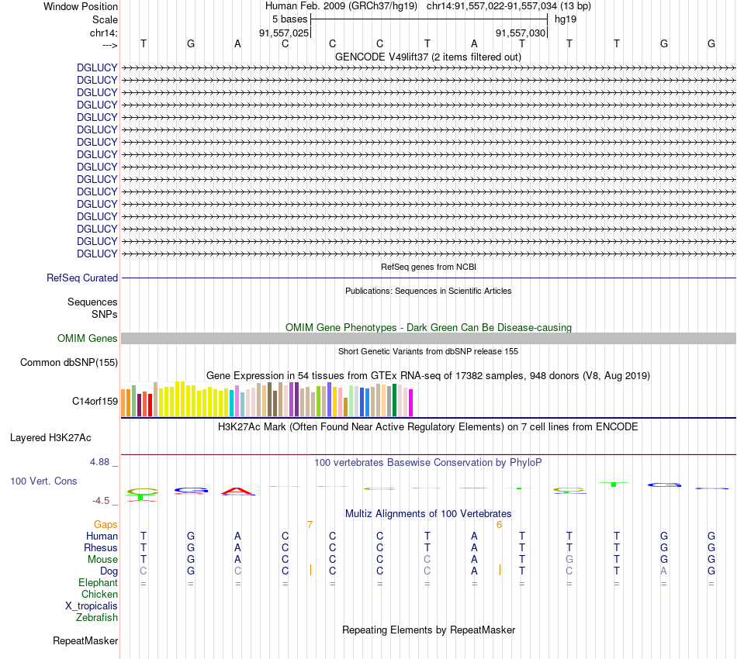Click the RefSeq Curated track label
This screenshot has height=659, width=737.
pos(82,278)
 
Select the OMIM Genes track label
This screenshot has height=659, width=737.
pos(88,338)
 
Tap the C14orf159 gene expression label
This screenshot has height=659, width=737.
pos(95,401)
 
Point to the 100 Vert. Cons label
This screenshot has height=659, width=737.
pos(43,481)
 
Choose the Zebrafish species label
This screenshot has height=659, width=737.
pos(97,617)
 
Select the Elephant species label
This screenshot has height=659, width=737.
pos(98,582)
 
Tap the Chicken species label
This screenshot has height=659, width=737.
pos(99,594)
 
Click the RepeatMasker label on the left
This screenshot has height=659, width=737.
pos(85,640)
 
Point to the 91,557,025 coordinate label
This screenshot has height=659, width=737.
pos(284,33)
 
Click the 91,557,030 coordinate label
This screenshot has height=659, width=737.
pos(521,33)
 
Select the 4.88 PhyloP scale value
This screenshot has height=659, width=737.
pos(103,462)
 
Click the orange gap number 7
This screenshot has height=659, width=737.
pos(310,525)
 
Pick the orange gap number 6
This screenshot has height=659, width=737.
pos(500,525)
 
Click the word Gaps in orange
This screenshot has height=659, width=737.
pos(106,525)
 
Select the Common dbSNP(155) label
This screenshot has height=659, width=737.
pos(69,362)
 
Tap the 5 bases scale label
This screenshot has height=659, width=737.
pos(290,19)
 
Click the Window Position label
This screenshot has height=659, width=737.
pos(81,6)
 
